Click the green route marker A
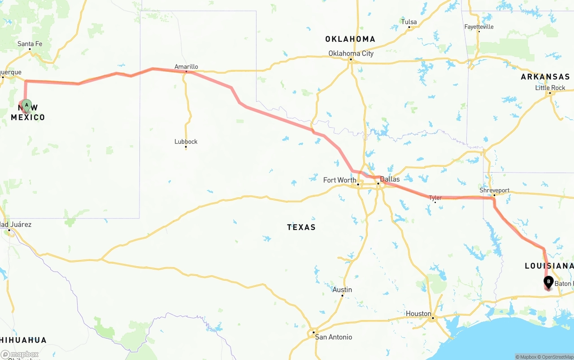pyautogui.click(x=26, y=105)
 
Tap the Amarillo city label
pyautogui.click(x=186, y=67)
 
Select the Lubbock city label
pyautogui.click(x=186, y=142)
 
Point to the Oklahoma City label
pyautogui.click(x=351, y=53)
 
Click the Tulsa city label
pyautogui.click(x=409, y=22)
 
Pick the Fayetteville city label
pyautogui.click(x=479, y=27)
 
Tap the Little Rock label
pyautogui.click(x=550, y=88)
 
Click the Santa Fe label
pyautogui.click(x=30, y=44)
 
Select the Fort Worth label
pyautogui.click(x=339, y=180)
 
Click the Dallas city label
pyautogui.click(x=389, y=179)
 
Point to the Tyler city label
pyautogui.click(x=435, y=198)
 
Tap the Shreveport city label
pyautogui.click(x=494, y=191)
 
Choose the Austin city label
pyautogui.click(x=342, y=290)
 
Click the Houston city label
pyautogui.click(x=418, y=314)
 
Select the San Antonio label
pyautogui.click(x=333, y=337)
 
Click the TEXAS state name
pyautogui.click(x=301, y=227)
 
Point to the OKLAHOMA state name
pyautogui.click(x=350, y=39)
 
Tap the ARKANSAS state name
pyautogui.click(x=545, y=77)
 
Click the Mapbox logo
pyautogui.click(x=20, y=355)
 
